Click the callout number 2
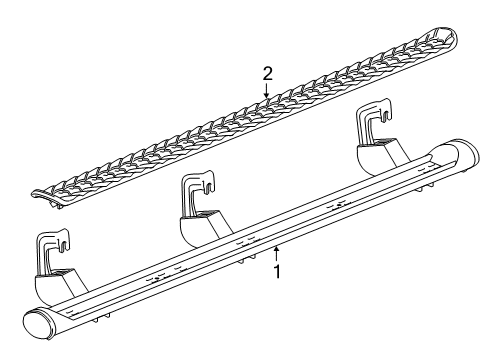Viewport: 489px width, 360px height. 267,72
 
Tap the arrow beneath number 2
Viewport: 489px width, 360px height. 267,91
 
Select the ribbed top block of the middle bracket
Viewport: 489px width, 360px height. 207,215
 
